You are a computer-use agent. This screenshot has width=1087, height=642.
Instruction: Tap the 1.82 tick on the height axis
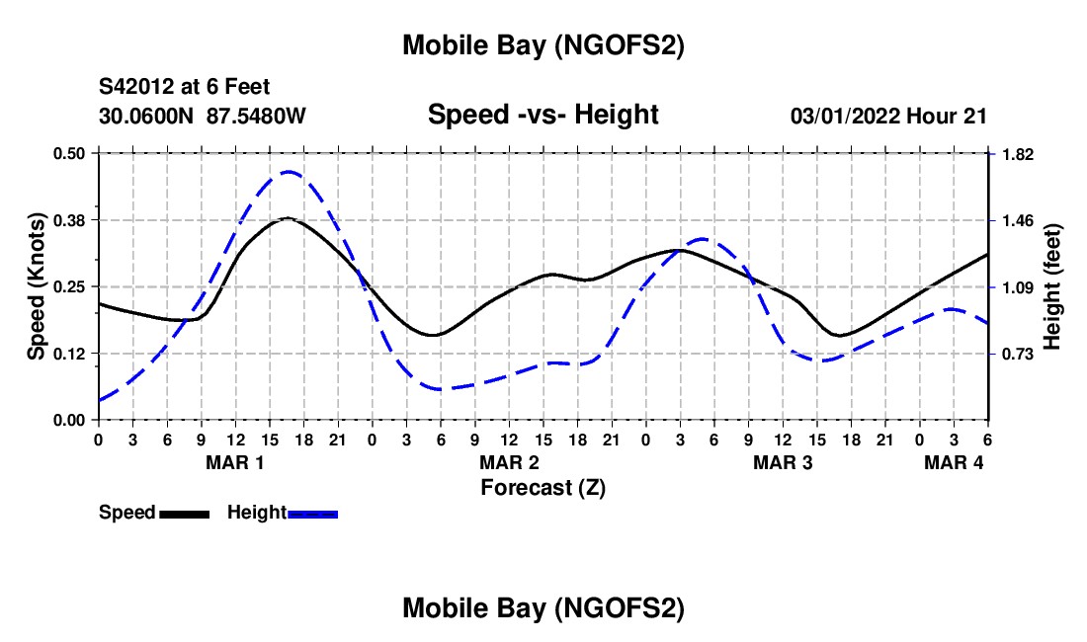point(1017,154)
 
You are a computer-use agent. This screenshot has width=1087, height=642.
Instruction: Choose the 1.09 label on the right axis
point(1017,287)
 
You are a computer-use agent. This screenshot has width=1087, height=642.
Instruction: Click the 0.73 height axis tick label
point(1017,354)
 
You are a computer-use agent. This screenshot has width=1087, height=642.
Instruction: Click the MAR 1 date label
point(235,462)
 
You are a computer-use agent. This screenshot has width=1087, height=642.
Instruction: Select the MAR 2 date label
point(509,462)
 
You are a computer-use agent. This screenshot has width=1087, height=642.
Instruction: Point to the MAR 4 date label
point(954,462)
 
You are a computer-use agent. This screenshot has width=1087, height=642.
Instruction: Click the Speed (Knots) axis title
point(37,286)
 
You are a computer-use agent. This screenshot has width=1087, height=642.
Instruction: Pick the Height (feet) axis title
point(1051,286)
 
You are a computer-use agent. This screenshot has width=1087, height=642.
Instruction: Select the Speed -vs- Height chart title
point(543,115)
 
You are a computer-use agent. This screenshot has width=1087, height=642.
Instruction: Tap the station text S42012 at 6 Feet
point(184,88)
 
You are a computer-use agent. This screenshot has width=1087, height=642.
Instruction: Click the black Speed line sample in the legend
point(184,514)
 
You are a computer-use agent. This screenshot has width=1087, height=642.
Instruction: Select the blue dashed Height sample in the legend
point(312,514)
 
